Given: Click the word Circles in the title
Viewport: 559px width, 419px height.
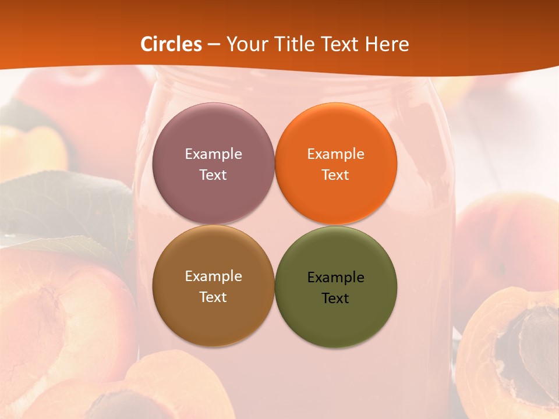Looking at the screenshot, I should (171, 44).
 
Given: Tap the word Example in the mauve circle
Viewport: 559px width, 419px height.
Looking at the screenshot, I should (213, 154).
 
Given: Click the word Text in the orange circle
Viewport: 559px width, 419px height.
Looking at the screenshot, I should (335, 175).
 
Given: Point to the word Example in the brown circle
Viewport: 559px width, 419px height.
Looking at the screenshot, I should (213, 276).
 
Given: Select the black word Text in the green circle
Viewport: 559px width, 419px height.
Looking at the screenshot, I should (335, 298).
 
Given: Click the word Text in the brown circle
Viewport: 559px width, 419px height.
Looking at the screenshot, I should (213, 297).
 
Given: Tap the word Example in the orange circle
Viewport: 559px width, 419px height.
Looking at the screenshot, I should (335, 154).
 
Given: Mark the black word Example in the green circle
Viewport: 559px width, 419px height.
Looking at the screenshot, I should (335, 277).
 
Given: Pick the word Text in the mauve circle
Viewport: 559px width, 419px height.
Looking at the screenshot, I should (213, 175).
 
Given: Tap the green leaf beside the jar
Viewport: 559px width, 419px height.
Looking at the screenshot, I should (64, 210).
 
